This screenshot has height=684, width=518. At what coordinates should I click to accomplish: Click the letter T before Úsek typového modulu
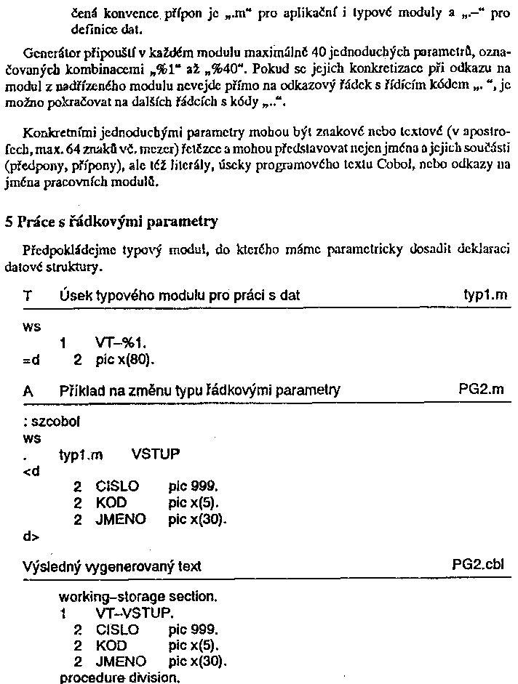[28, 296]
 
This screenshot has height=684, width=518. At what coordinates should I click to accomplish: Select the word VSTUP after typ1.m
[156, 455]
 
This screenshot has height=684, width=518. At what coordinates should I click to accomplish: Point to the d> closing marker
[31, 537]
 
